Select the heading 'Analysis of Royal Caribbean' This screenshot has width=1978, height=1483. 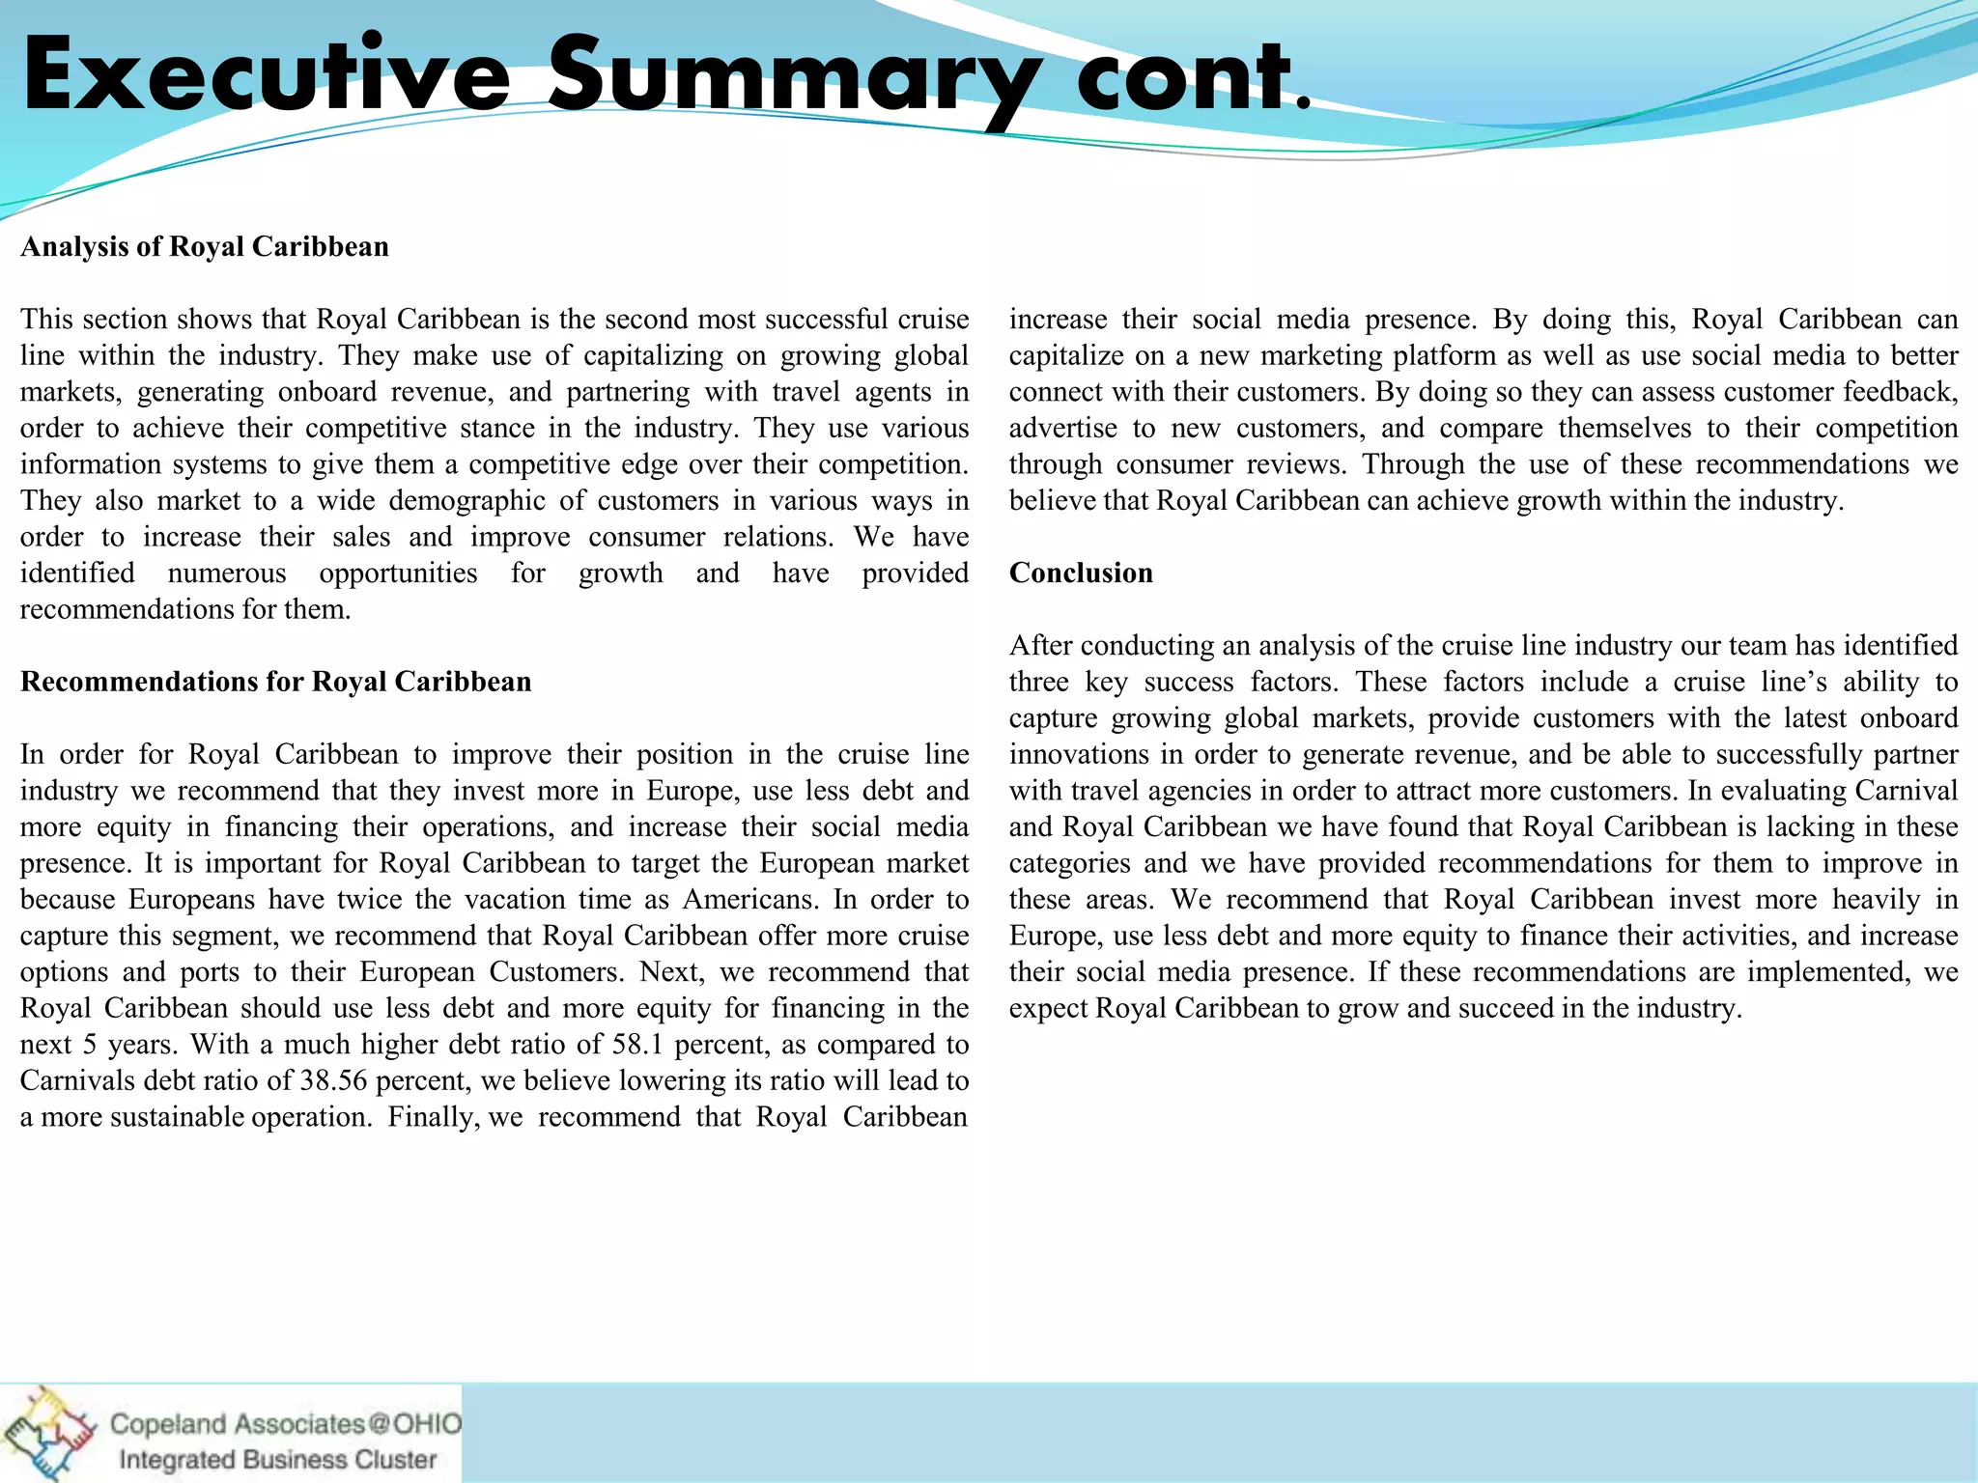(x=205, y=247)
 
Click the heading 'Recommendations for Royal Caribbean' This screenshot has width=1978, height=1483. (x=276, y=683)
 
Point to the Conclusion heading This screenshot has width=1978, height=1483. (x=1081, y=574)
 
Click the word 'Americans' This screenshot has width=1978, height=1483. (x=750, y=900)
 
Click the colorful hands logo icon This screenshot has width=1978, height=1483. (x=48, y=1433)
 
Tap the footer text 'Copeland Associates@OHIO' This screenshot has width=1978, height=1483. (x=286, y=1424)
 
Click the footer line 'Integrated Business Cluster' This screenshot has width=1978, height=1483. (x=277, y=1460)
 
